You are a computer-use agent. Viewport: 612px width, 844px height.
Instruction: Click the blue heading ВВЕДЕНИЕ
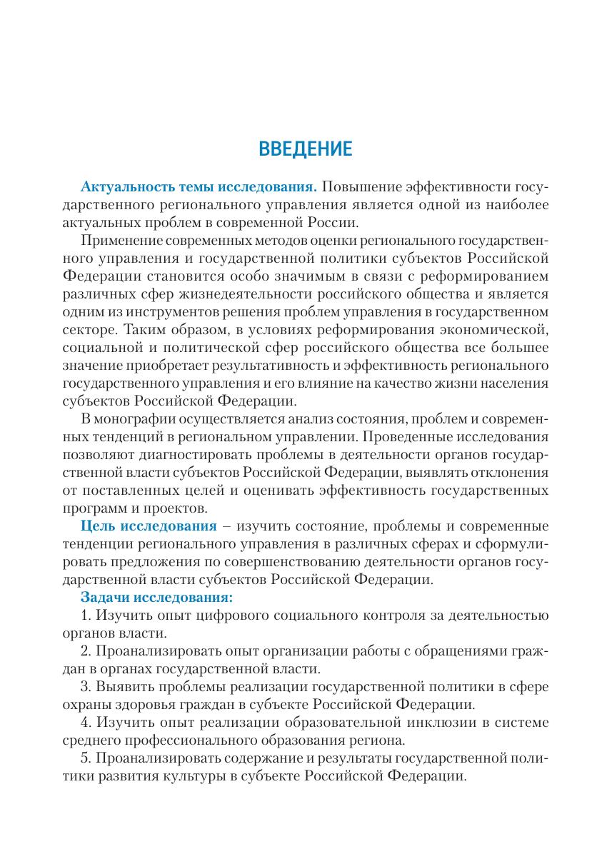click(x=305, y=149)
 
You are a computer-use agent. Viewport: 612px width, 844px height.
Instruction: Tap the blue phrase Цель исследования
click(x=149, y=526)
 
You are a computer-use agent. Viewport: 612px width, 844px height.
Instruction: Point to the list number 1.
click(x=85, y=613)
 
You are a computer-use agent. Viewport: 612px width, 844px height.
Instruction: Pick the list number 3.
click(x=85, y=688)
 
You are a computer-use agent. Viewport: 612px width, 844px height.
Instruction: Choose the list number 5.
click(x=85, y=756)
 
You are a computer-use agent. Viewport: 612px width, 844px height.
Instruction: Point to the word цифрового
click(x=239, y=613)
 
